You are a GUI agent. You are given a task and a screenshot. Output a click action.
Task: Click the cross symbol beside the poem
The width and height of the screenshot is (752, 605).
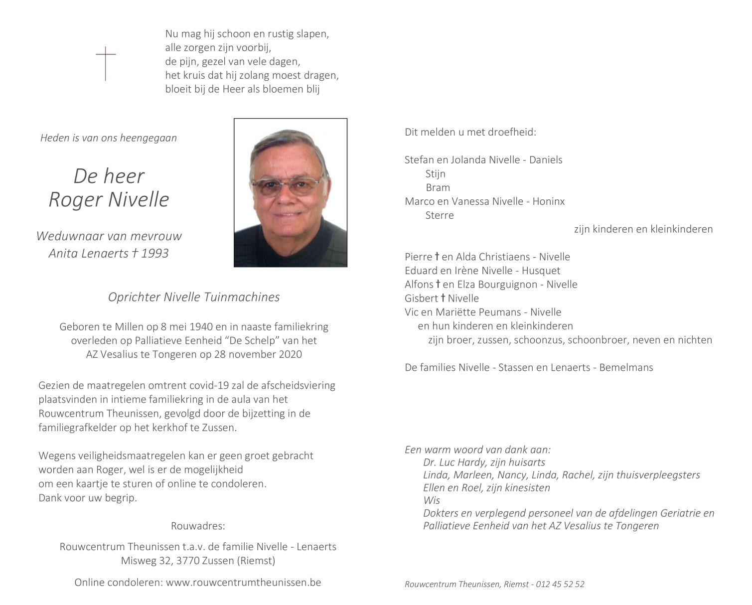pos(106,63)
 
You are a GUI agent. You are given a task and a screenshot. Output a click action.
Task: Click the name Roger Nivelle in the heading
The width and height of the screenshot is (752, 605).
pos(109,199)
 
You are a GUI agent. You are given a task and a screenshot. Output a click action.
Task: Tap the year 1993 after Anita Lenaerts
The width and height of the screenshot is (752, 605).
pos(154,253)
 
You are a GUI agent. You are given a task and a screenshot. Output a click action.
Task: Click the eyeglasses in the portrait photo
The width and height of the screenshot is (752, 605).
pos(286,186)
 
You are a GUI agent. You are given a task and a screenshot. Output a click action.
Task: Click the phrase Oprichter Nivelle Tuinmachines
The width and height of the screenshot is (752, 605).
pos(194,297)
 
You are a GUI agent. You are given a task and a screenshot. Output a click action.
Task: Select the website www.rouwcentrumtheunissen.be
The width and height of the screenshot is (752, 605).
pos(243,582)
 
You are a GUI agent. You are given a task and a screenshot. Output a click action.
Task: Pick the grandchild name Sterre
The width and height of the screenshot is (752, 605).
pos(440,215)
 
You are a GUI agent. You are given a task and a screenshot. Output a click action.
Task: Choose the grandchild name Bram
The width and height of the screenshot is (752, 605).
pos(438,187)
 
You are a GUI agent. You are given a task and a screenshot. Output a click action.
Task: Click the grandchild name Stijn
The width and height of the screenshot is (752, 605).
pos(435,173)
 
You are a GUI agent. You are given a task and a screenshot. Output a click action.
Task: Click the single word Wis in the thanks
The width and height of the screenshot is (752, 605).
pos(432,500)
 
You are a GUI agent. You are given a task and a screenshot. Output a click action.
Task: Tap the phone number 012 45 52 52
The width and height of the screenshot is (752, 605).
pos(560,584)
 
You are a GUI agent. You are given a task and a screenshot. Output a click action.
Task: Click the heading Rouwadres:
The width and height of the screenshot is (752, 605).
pos(198,526)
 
